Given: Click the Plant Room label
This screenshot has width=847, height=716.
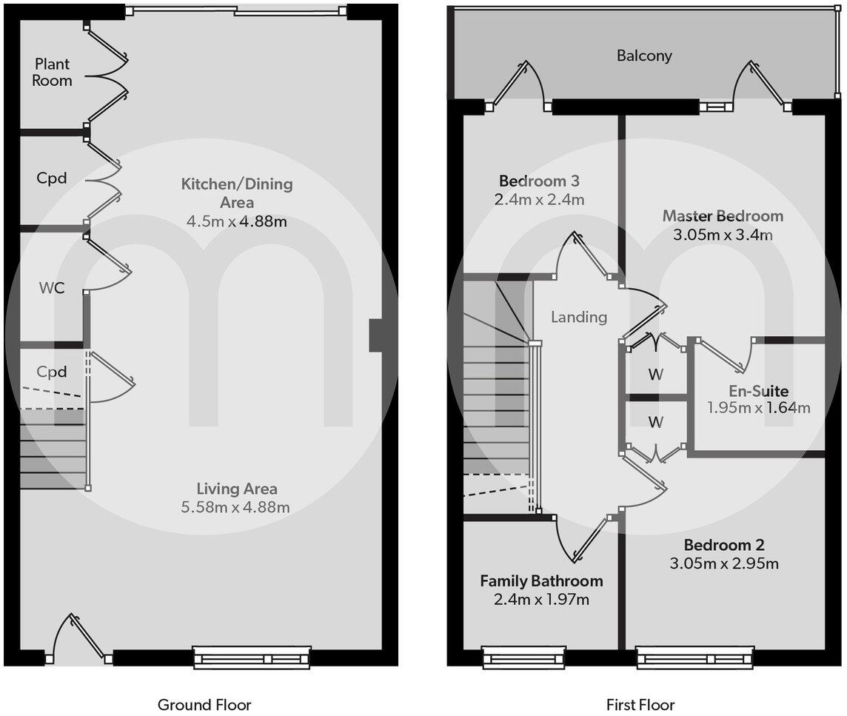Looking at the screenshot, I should coord(52,73).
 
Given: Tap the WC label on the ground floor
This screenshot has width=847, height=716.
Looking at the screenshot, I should coord(52,287).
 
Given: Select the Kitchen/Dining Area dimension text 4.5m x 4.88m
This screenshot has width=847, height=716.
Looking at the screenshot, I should coord(237,221).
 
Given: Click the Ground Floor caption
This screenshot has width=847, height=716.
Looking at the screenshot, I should coord(204,704).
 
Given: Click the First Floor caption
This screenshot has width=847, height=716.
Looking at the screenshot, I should coord(640,704).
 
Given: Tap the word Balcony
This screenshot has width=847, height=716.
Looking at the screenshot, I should coord(644,56).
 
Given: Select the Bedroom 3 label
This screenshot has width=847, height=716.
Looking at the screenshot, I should coord(538,181).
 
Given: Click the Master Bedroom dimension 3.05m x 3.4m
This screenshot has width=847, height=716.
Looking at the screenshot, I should coord(723,235).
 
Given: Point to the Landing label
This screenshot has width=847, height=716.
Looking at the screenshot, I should coord(579,317).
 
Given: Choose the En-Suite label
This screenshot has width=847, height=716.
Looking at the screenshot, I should coord(758,390).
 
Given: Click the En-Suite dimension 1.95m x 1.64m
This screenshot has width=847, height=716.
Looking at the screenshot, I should coord(758,407).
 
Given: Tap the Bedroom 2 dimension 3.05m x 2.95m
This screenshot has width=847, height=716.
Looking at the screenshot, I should coord(724,564).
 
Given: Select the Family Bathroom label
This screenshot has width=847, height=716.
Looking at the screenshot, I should coord(541,581).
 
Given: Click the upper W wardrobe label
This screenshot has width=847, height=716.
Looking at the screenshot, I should coord(655,375).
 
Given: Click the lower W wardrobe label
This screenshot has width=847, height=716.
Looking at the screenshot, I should coord(655,423).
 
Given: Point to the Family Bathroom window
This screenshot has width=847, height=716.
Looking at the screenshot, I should coord(523,658).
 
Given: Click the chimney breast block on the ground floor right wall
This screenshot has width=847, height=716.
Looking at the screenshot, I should coord(375,335).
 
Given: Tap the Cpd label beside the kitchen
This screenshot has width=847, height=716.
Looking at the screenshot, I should coord(52,178).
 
